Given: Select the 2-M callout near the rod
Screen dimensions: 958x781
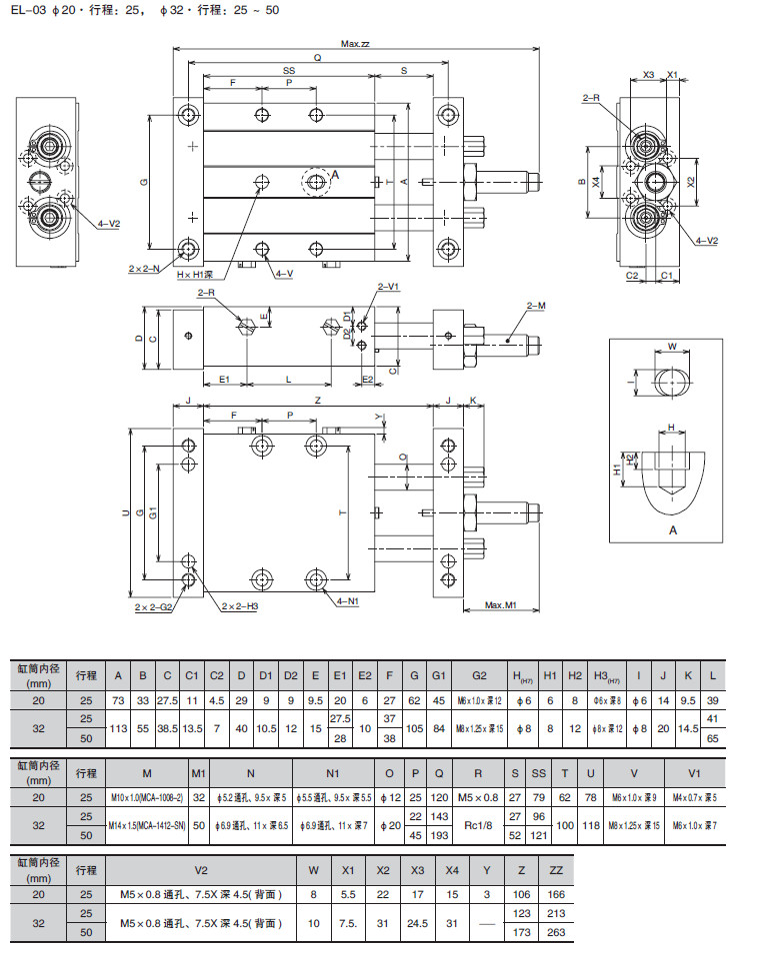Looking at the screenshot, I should [535, 306].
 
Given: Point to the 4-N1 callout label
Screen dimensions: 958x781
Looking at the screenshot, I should [349, 601].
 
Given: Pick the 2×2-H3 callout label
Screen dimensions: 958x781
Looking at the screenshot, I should [240, 606].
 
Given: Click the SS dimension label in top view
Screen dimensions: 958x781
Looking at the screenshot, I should [289, 71].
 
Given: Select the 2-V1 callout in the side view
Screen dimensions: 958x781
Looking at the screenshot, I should [388, 287].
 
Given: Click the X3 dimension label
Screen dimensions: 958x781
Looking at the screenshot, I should [648, 75].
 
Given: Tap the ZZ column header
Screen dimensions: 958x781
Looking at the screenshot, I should [557, 870].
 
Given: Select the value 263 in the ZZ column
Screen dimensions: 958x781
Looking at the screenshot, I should [557, 932].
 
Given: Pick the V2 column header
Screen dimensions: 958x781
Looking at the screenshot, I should [200, 870].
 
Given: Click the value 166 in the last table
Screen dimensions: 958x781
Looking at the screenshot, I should [557, 893].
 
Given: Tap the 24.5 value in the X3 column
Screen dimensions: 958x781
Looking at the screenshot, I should [416, 923].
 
